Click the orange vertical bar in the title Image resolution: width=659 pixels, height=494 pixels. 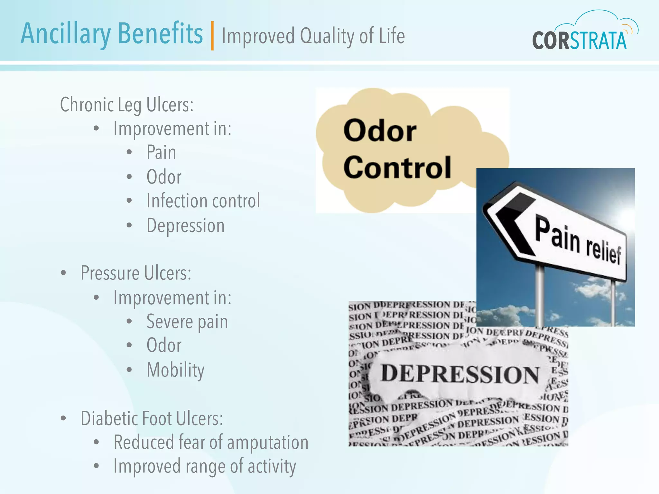coord(212,36)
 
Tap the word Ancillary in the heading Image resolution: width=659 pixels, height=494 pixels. coord(66,34)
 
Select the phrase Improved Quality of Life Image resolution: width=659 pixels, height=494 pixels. coord(313,36)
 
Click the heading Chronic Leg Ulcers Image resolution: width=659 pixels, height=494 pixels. coord(127,105)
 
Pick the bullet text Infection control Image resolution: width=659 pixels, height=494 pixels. coord(203,201)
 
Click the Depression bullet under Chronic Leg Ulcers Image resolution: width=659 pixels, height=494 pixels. coord(185,225)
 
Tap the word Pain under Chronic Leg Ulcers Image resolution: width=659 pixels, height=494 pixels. coord(161,152)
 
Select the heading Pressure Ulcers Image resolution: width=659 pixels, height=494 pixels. coord(136,273)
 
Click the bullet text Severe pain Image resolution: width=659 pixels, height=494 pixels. coord(187,322)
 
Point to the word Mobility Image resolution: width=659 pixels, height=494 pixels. coord(175,370)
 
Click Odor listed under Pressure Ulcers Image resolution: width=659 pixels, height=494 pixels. coord(164,346)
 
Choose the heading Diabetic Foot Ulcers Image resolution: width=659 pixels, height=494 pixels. coord(152,418)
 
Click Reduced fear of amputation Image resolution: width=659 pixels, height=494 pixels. coord(211,443)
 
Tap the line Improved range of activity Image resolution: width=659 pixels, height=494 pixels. coord(205,466)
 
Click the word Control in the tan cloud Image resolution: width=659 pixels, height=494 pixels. coord(397,167)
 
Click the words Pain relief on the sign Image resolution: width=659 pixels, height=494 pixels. coord(578,241)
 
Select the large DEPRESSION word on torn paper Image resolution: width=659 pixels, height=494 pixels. coord(460,374)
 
